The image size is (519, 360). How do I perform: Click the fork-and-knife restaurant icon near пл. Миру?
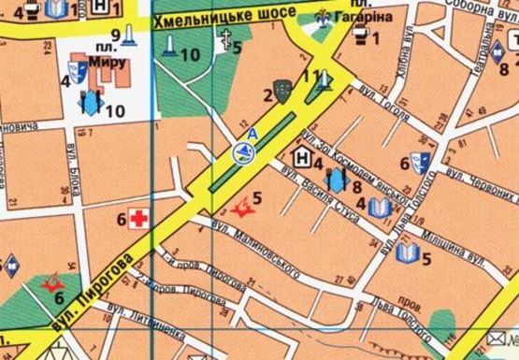pyautogui.click(x=91, y=102)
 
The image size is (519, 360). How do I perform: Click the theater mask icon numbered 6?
pyautogui.click(x=421, y=162)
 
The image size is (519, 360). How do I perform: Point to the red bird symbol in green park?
pyautogui.click(x=52, y=281)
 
